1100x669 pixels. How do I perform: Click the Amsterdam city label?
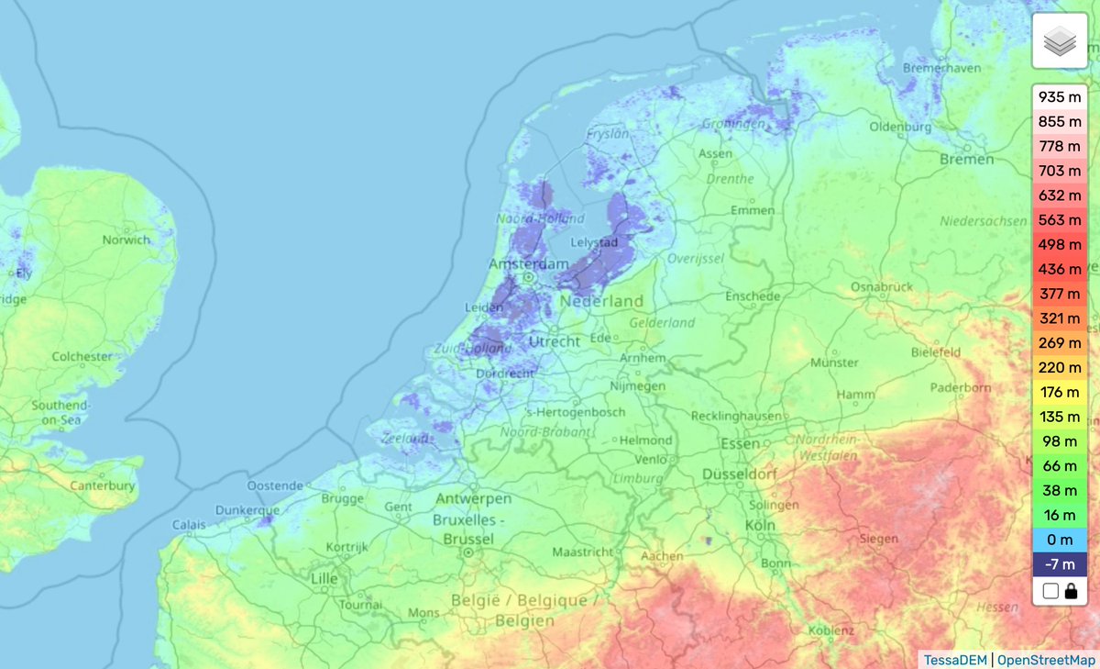click(x=528, y=263)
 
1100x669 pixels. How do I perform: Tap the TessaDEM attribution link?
click(x=954, y=659)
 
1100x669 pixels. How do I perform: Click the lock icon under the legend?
click(x=1071, y=591)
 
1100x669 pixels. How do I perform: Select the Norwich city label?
click(x=126, y=240)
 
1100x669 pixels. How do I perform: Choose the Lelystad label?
click(x=595, y=243)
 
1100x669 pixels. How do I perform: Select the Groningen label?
click(x=733, y=124)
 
